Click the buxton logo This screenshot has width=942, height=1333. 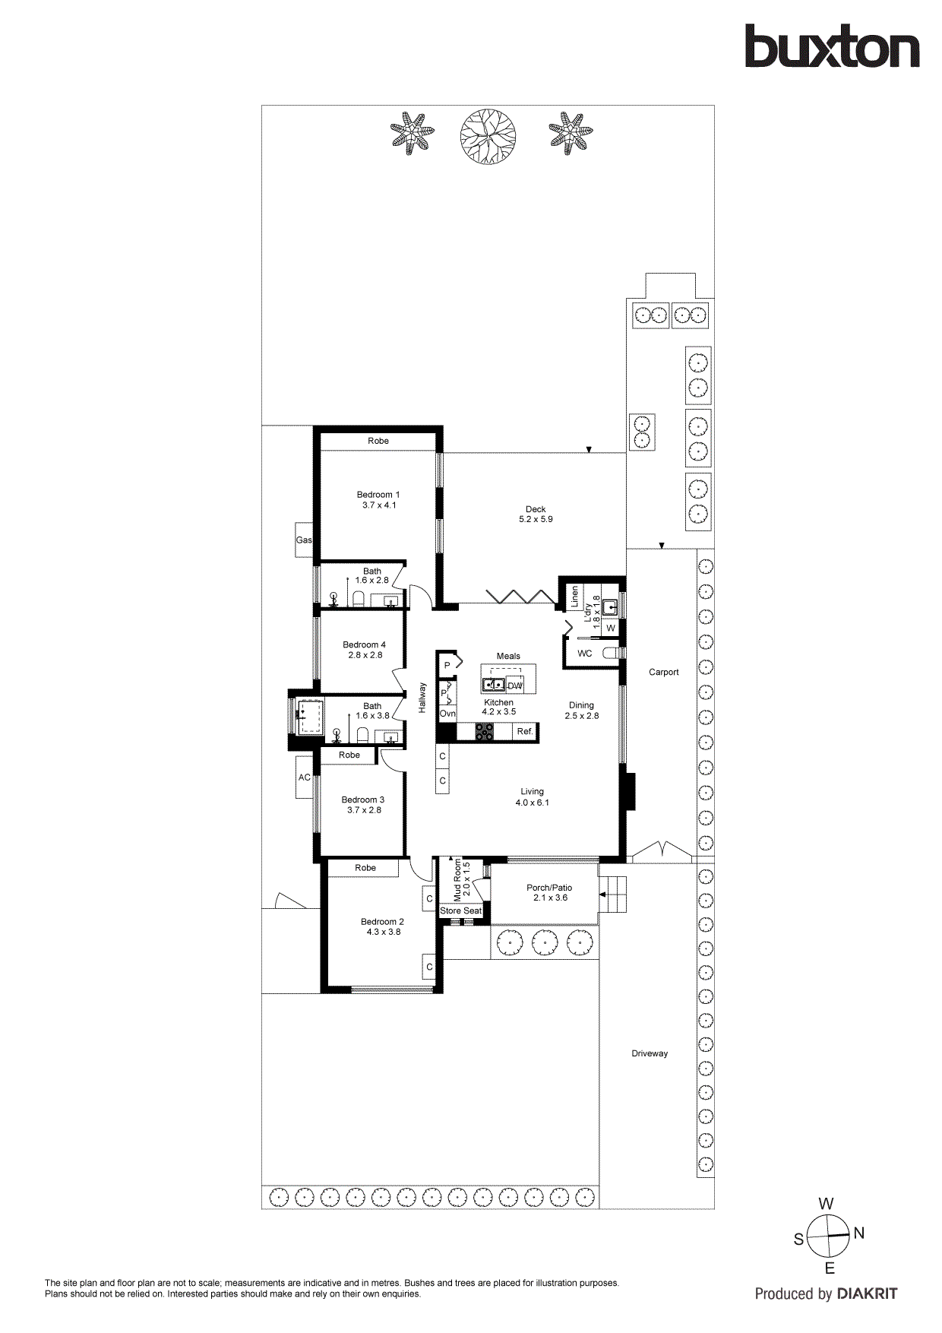pos(832,46)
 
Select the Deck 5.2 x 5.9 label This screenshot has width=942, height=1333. pos(536,515)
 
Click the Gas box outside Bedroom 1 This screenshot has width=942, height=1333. pos(304,540)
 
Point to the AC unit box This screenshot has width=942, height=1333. pos(305,777)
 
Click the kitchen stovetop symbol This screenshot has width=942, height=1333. pos(484,732)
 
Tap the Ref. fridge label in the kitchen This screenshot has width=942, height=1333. pos(525,732)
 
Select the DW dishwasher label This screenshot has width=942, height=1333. pos(515,685)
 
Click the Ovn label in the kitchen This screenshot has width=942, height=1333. pos(447,714)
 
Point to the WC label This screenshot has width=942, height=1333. pos(585,654)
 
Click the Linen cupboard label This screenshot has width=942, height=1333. pos(575,596)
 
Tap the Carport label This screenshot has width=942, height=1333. pos(664,672)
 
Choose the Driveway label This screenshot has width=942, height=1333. pos(650,1053)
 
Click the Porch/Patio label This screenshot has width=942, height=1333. pos(549,888)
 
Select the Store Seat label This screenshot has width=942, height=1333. pos(461,910)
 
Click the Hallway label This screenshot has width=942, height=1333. pos(422,698)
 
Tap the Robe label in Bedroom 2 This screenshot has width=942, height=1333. pos(365,868)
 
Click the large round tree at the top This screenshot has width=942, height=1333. pos(488,137)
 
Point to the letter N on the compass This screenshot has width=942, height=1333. pos(859,1233)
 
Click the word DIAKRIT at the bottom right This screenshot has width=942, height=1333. pos(867,1293)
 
